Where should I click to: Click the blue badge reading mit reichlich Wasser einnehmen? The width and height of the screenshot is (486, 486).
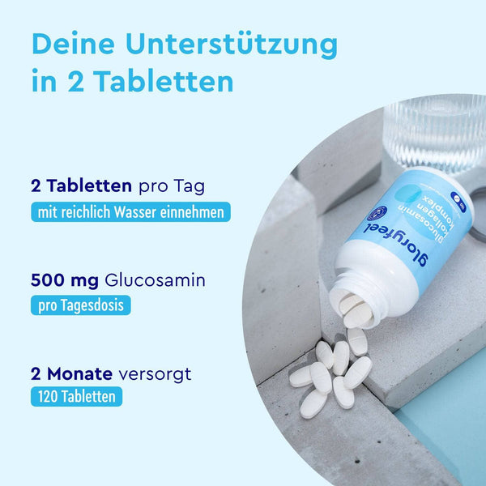coord(130,213)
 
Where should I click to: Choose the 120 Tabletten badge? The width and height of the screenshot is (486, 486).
coord(77,397)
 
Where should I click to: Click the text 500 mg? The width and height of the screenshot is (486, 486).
coord(65,281)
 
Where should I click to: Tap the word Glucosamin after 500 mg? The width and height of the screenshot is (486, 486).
coord(155,281)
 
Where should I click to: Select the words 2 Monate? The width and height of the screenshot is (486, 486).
coord(70,374)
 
